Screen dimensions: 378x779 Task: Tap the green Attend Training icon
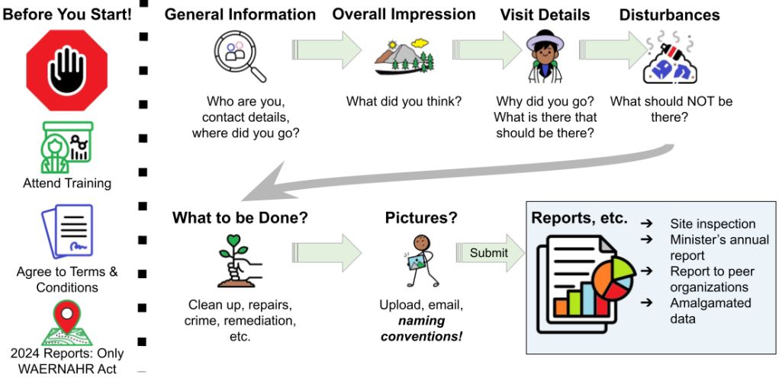pos(66,146)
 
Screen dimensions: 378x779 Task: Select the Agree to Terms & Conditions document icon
pos(66,232)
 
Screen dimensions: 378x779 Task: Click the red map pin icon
pos(66,321)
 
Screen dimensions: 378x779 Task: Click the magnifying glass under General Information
pos(240,58)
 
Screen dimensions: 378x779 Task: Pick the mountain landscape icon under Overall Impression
pos(404,58)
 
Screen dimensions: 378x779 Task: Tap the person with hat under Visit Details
pos(545,57)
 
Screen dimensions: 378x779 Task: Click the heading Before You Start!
pos(66,14)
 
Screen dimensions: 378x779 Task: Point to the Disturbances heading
pos(669,14)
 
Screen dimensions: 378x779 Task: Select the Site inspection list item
pos(713,223)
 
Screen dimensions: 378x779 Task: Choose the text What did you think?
pos(404,101)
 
